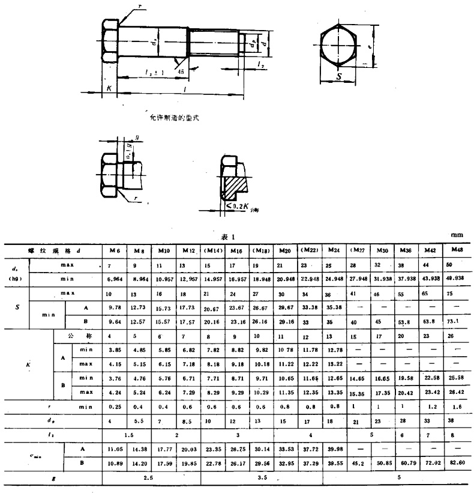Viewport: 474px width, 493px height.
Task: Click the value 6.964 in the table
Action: [x=113, y=279]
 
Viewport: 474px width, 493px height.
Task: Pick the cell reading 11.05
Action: [x=113, y=449]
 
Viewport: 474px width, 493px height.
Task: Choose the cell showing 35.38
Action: [x=332, y=308]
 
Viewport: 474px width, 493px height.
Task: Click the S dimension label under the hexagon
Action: [x=338, y=77]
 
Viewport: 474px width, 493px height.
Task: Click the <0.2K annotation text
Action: [x=244, y=207]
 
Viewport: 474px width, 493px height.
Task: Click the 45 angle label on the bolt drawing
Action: [x=180, y=70]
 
